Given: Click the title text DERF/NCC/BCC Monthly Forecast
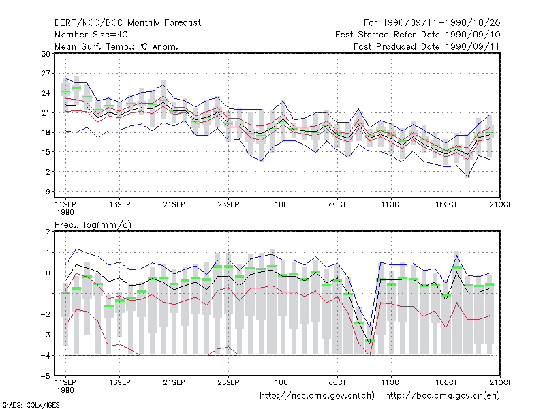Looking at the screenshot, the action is tap(127, 23).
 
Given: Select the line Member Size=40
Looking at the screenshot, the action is tap(91, 35).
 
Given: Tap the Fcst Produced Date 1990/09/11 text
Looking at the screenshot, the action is tap(426, 46).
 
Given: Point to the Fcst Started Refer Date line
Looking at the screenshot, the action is tap(418, 35).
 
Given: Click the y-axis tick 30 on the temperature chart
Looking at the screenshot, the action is tap(46, 54).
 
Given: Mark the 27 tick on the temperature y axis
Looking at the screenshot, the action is tap(46, 74).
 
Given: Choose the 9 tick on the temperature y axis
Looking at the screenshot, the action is tap(48, 192).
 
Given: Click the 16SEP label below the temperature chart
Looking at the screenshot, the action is tap(120, 204).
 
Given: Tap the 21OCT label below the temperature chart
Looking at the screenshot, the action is tap(500, 204).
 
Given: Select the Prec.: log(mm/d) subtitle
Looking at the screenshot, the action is tap(93, 225).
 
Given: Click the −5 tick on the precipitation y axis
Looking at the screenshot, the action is tap(46, 376).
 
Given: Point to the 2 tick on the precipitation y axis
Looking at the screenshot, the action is tap(48, 232).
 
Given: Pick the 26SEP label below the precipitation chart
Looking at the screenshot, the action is tap(228, 382).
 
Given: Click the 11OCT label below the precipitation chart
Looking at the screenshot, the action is tap(392, 382).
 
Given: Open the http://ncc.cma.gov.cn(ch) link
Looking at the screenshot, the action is tap(317, 396).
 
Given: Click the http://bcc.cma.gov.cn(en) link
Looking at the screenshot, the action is tap(442, 396).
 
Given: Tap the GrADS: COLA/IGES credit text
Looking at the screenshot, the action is tap(31, 405).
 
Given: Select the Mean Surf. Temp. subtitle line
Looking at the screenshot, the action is tap(116, 46).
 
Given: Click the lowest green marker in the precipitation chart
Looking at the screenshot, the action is tap(370, 342).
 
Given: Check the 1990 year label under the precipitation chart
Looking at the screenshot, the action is tap(65, 390).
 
